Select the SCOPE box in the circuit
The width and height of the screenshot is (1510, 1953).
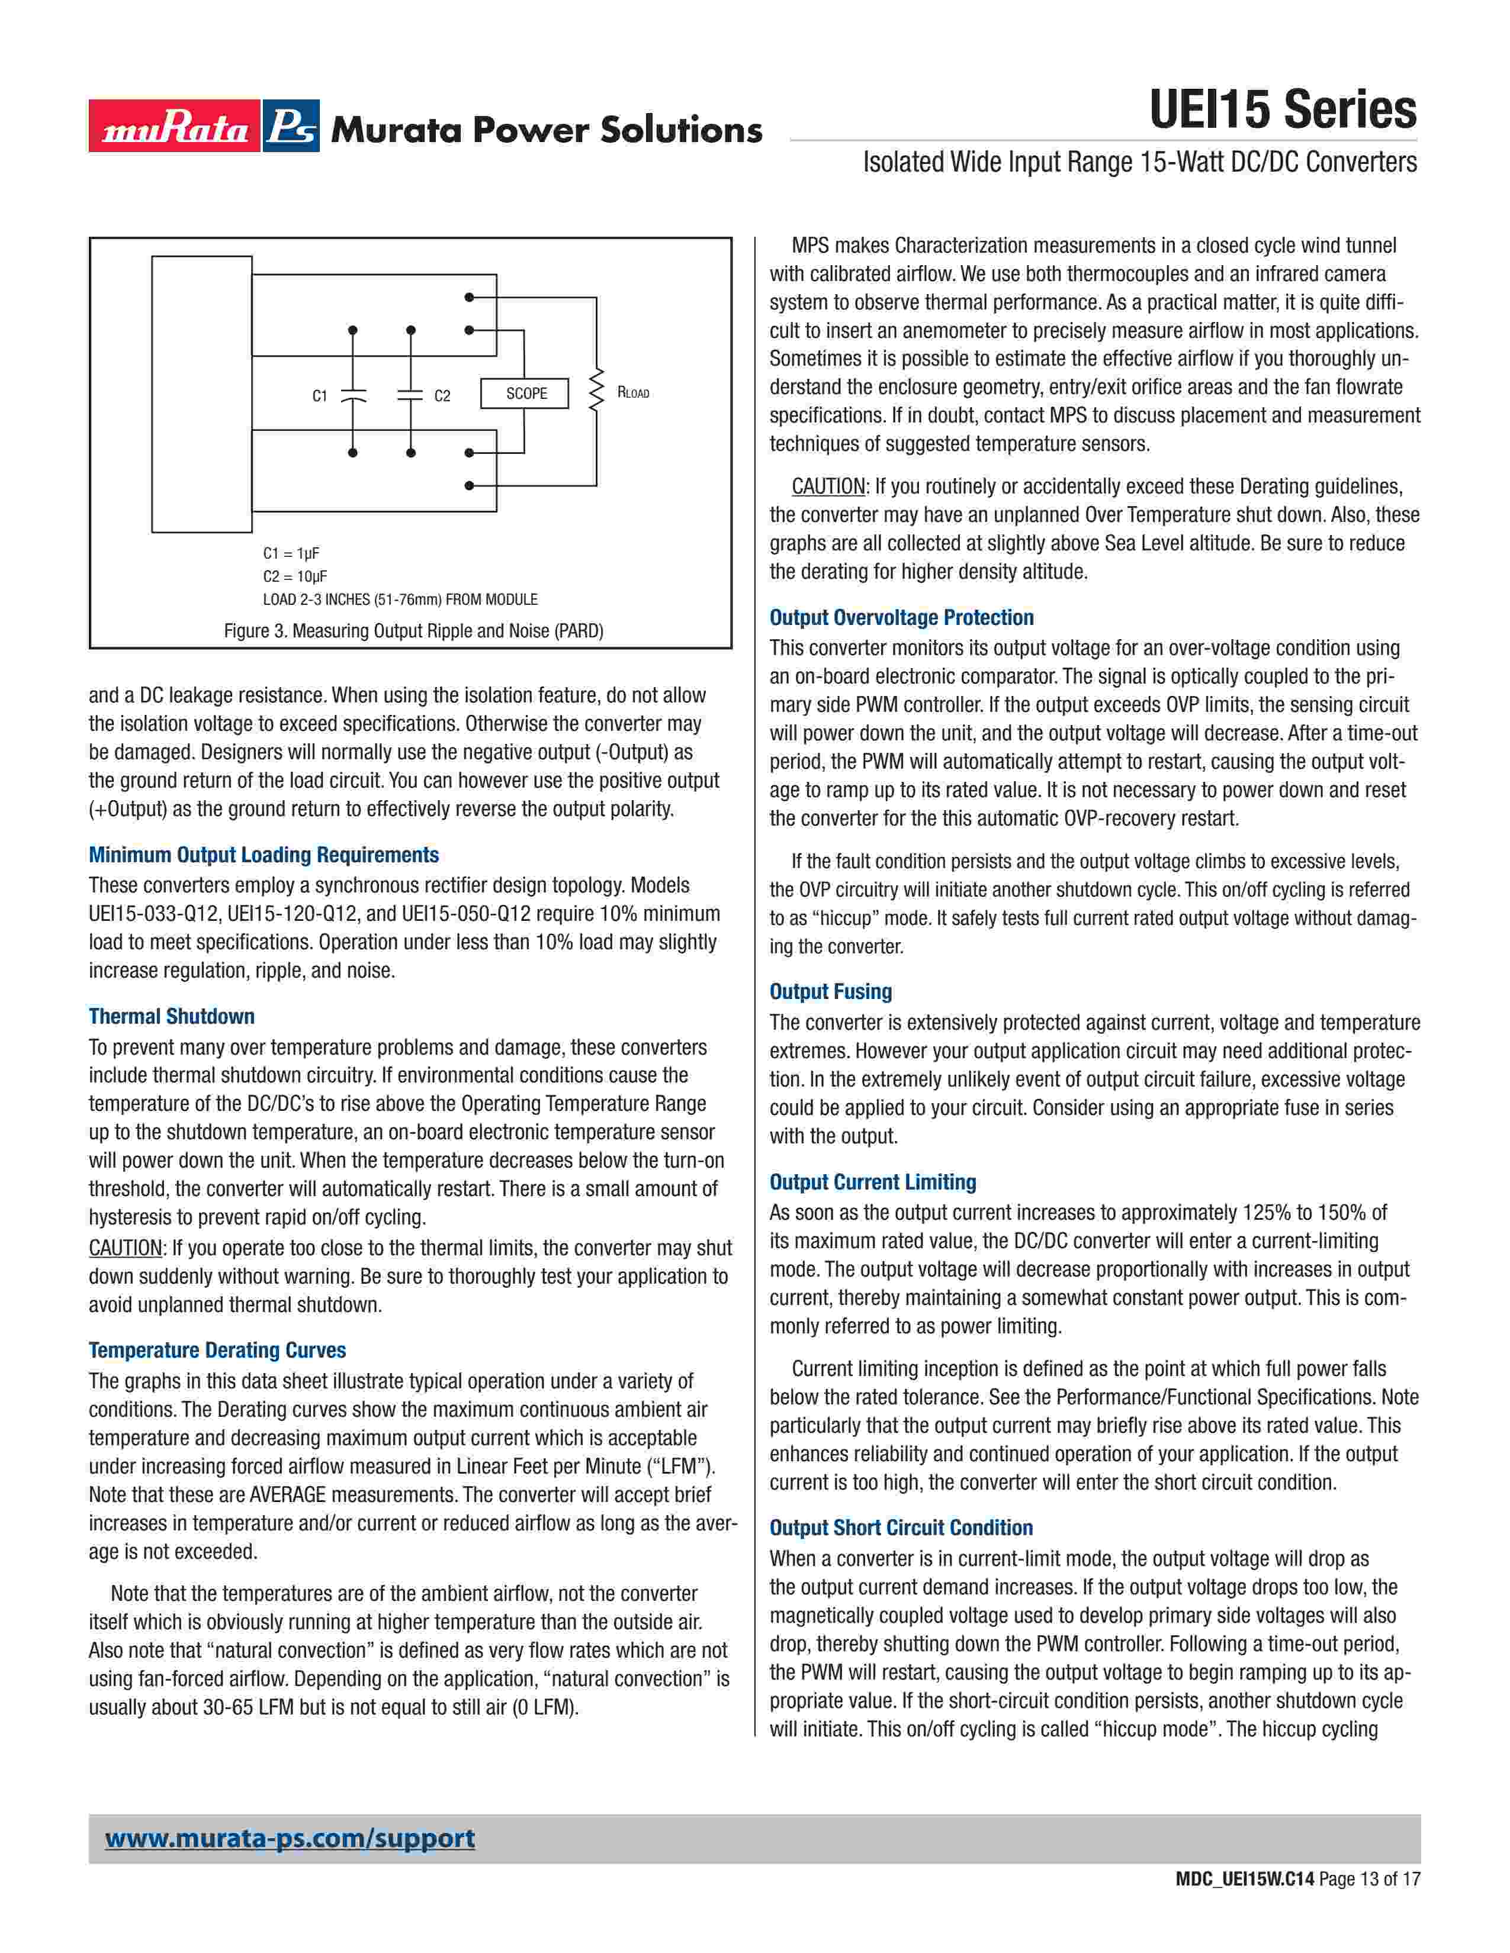pyautogui.click(x=525, y=394)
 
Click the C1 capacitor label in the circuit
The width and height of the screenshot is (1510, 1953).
pyautogui.click(x=319, y=396)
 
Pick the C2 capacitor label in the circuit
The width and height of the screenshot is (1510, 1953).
pyautogui.click(x=442, y=396)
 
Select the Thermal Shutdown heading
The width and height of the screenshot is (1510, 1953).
pyautogui.click(x=172, y=1017)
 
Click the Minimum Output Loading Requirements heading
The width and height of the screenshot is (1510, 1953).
pyautogui.click(x=264, y=855)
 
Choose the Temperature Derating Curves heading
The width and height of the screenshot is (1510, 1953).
pyautogui.click(x=217, y=1351)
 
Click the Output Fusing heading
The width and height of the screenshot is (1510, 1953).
pyautogui.click(x=831, y=992)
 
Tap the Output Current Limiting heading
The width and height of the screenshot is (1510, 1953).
pyautogui.click(x=872, y=1182)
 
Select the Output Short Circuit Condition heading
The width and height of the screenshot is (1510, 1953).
pyautogui.click(x=901, y=1527)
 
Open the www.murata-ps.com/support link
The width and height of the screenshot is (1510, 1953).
pyautogui.click(x=290, y=1839)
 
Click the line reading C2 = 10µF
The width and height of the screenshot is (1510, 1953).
pyautogui.click(x=295, y=577)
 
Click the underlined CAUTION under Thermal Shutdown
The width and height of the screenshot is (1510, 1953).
pyautogui.click(x=125, y=1248)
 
